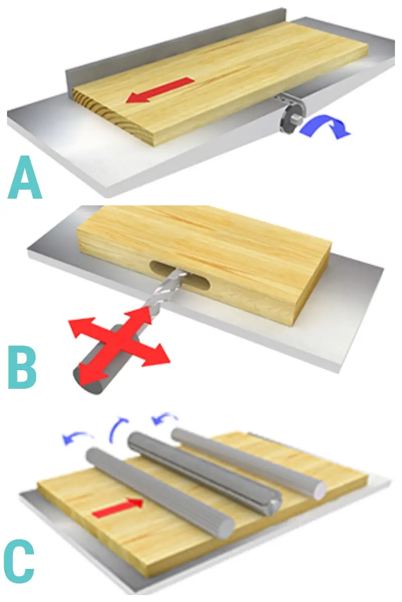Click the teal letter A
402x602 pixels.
[x=25, y=178]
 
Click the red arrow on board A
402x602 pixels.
[x=160, y=90]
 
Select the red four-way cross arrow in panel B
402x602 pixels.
[x=119, y=347]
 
